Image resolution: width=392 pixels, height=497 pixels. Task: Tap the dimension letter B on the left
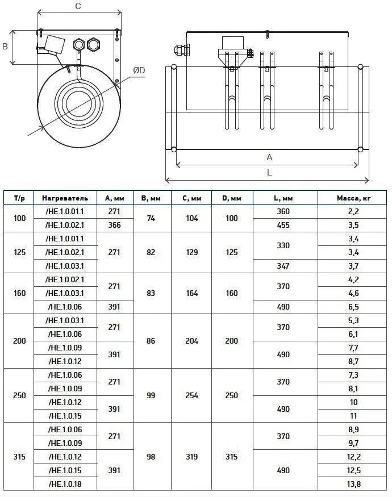pyautogui.click(x=5, y=47)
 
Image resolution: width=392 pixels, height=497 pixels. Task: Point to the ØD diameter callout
pyautogui.click(x=139, y=70)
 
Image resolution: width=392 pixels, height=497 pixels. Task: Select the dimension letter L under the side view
pyautogui.click(x=269, y=172)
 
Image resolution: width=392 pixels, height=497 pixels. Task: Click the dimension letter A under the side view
pyautogui.click(x=269, y=157)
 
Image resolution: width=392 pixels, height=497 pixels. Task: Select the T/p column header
pyautogui.click(x=19, y=198)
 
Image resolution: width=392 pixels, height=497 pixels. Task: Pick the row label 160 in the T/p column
pyautogui.click(x=19, y=293)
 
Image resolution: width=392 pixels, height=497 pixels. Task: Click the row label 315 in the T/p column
pyautogui.click(x=19, y=457)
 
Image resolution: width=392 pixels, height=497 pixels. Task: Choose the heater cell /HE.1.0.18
pyautogui.click(x=65, y=484)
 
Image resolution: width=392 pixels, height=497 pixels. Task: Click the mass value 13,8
pyautogui.click(x=353, y=484)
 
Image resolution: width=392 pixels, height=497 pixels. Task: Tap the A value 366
pyautogui.click(x=114, y=225)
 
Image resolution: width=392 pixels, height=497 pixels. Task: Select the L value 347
pyautogui.click(x=283, y=266)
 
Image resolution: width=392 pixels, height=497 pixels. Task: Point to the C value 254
pyautogui.click(x=191, y=395)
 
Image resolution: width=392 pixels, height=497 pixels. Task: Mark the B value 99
pyautogui.click(x=151, y=395)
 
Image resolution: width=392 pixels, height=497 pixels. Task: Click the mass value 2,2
pyautogui.click(x=353, y=211)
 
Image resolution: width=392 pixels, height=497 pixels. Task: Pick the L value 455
pyautogui.click(x=283, y=225)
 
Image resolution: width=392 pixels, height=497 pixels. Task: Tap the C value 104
pyautogui.click(x=191, y=218)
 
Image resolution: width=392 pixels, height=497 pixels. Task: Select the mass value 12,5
pyautogui.click(x=353, y=470)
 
